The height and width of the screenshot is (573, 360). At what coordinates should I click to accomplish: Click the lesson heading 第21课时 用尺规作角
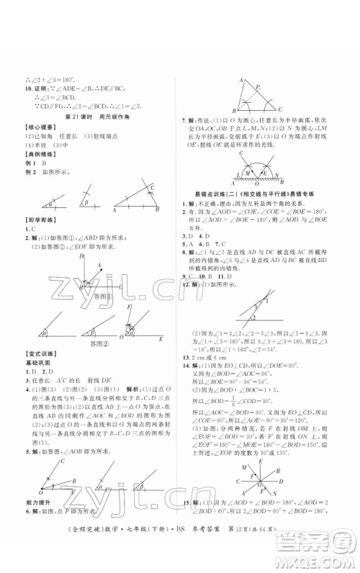tap(94, 116)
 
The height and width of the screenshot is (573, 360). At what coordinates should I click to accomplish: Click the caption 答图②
tap(89, 344)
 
